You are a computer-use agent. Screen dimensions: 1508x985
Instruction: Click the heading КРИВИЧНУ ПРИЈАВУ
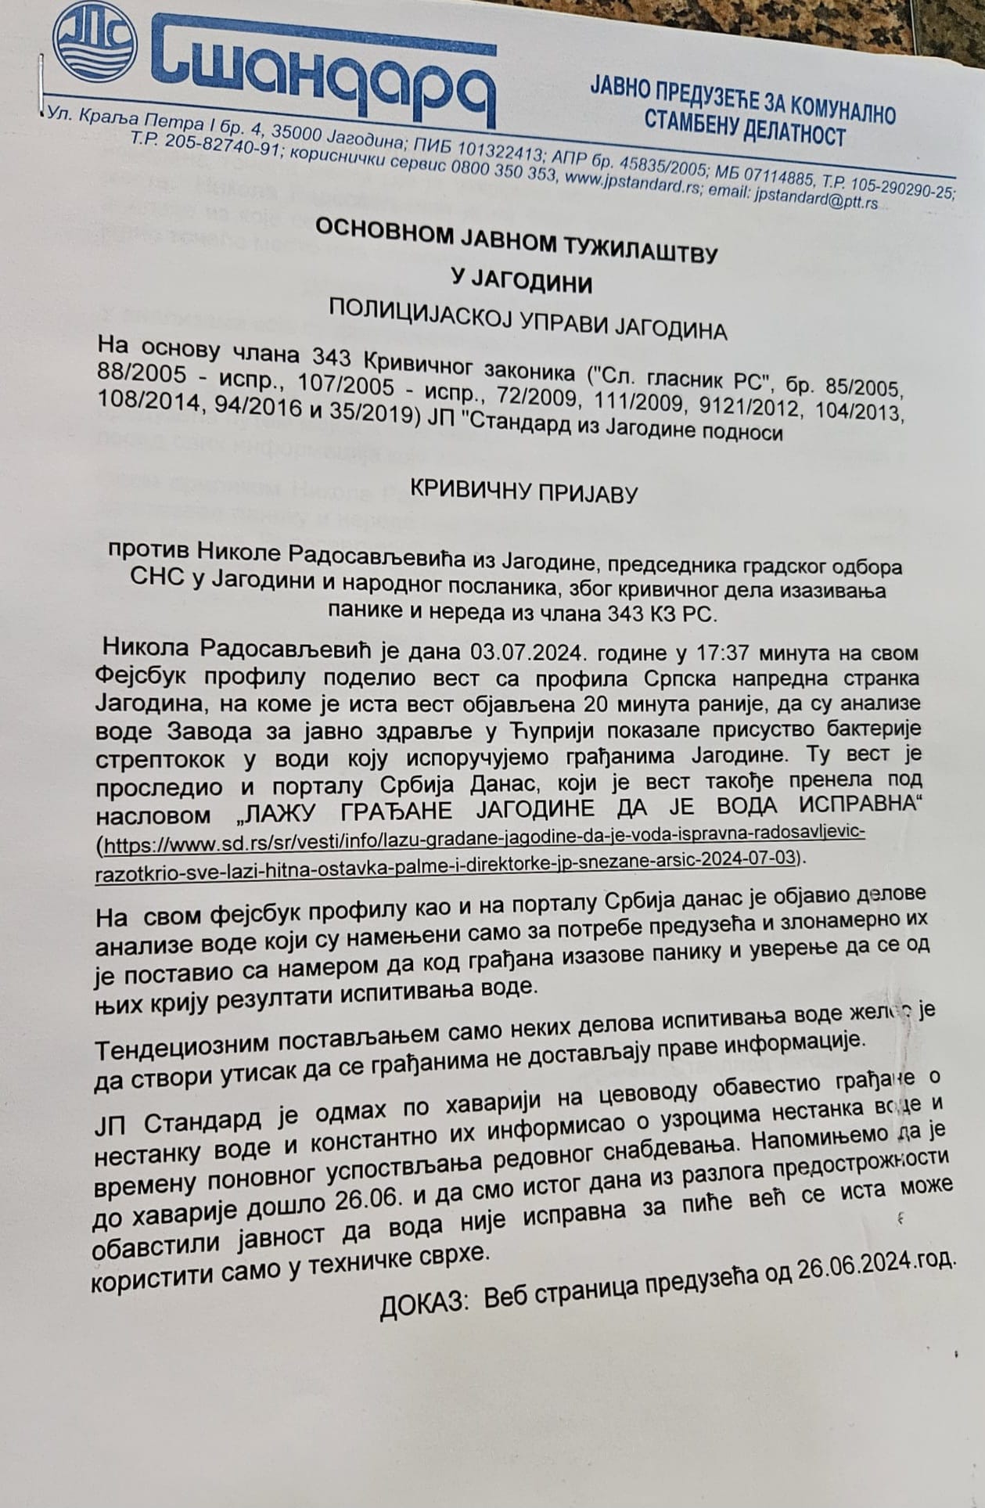click(524, 493)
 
